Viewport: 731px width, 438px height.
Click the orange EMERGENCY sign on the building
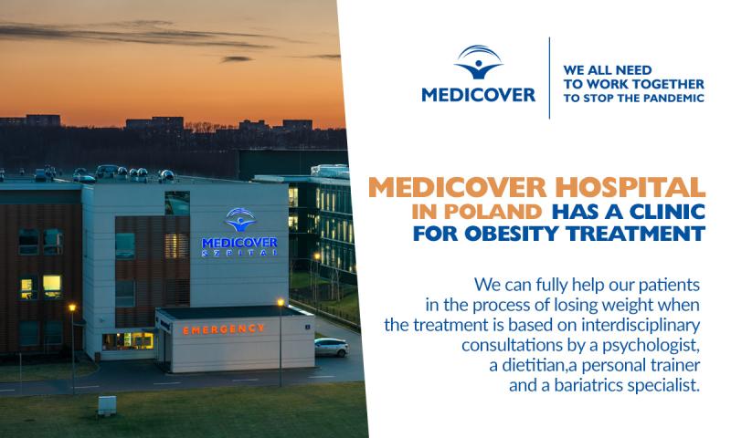click(223, 329)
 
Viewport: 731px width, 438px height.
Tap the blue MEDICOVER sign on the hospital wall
click(239, 243)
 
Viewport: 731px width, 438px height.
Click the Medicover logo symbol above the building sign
click(240, 219)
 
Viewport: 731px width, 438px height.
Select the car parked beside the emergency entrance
click(331, 347)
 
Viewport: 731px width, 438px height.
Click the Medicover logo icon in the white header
click(479, 62)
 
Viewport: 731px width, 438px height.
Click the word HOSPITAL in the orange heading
click(630, 188)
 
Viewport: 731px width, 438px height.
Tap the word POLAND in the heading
click(493, 212)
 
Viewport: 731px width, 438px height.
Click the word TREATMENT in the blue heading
click(635, 234)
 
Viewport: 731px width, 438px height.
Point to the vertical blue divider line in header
click(549, 78)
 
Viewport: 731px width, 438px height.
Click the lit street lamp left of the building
click(72, 308)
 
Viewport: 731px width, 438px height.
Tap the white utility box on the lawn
click(107, 405)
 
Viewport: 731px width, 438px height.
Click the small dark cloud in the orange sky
click(237, 59)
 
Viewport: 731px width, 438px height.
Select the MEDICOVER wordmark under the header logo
click(478, 95)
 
